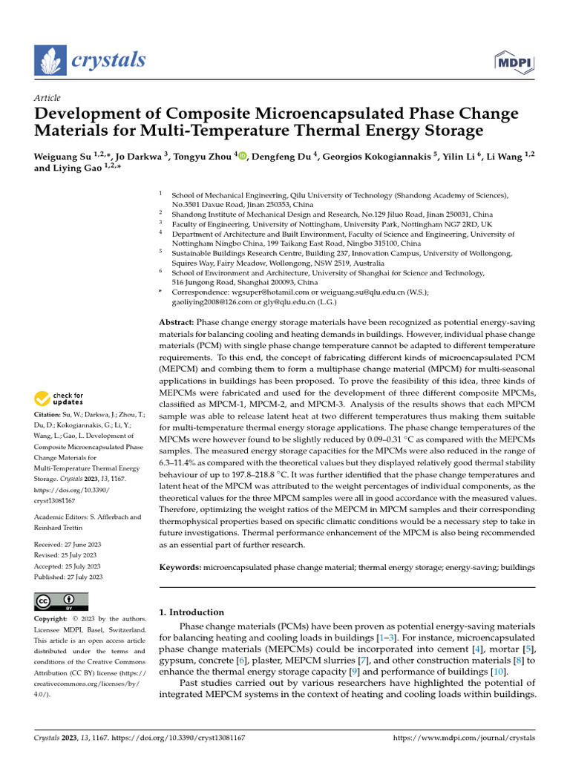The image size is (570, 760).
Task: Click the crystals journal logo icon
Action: click(50, 62)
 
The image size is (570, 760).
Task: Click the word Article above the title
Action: click(47, 98)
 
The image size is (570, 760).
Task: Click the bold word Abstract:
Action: click(177, 322)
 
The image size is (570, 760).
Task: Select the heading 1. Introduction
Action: click(191, 612)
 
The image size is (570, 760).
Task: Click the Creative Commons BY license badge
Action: click(61, 601)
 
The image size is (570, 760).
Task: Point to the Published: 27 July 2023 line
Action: click(68, 576)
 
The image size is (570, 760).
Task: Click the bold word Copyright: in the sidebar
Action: click(51, 619)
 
